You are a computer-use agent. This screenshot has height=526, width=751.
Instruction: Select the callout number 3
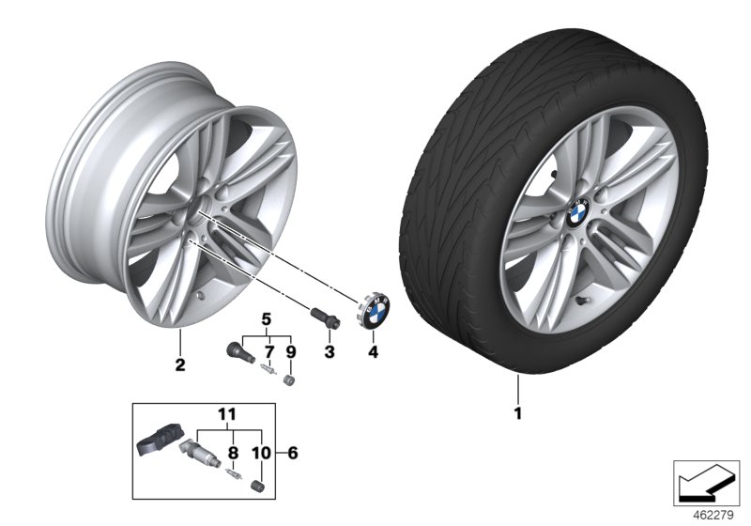click(x=329, y=351)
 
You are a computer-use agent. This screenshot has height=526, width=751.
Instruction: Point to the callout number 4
click(x=373, y=351)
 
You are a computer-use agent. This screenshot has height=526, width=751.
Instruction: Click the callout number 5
click(x=266, y=319)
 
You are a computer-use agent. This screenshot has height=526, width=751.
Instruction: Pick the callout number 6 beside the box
click(x=293, y=453)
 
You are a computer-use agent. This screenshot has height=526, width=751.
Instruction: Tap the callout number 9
click(x=290, y=351)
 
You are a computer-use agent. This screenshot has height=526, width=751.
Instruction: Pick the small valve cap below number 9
click(x=289, y=379)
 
